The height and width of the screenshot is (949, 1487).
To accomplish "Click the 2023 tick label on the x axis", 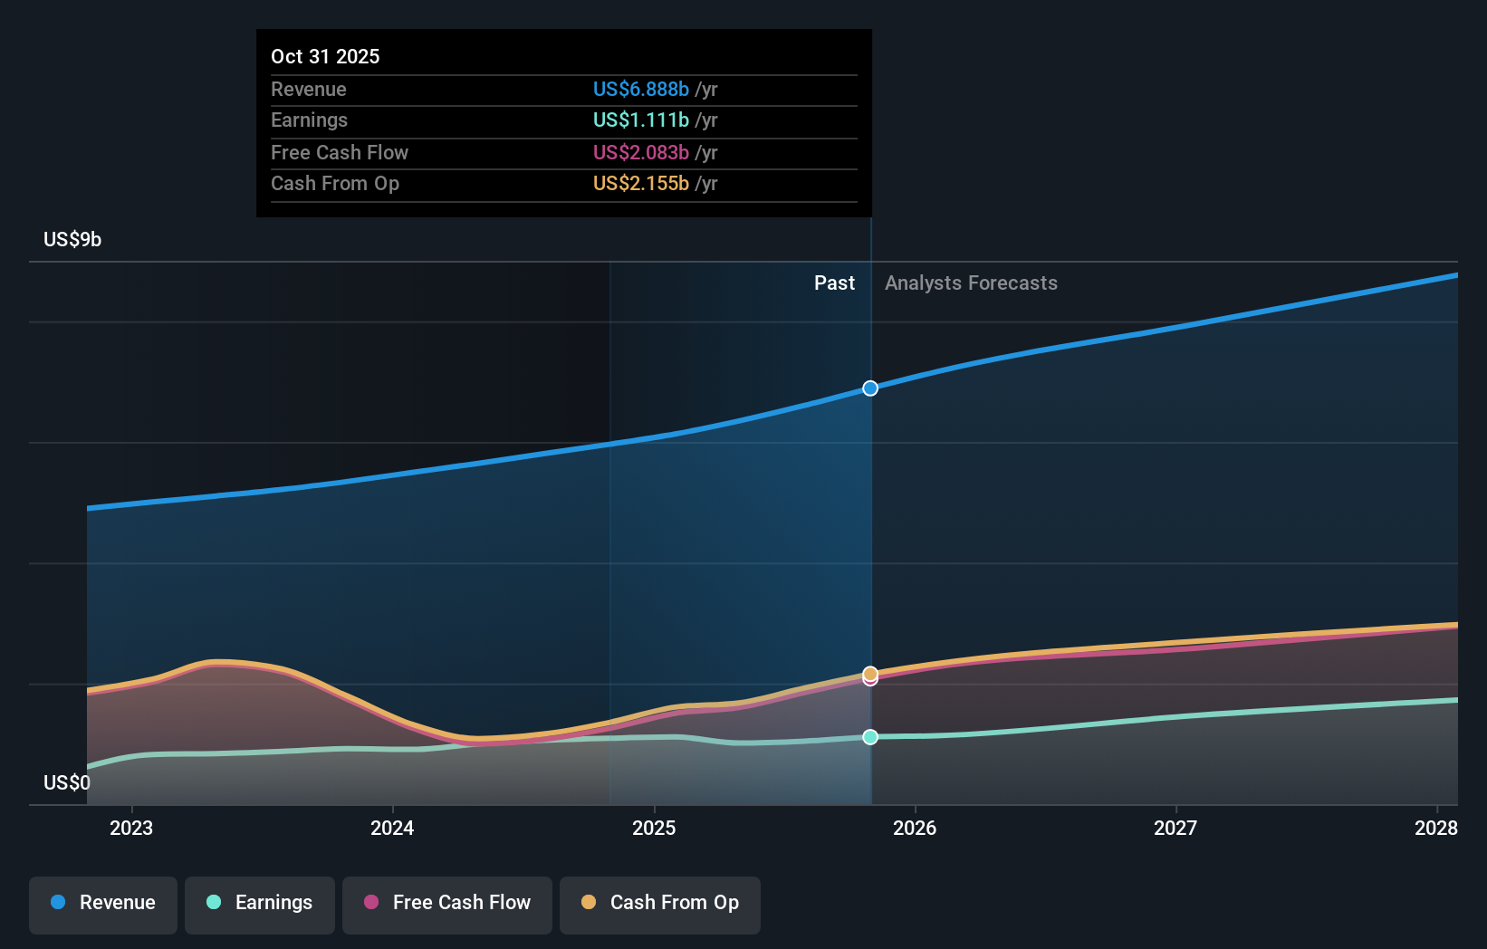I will point(131,828).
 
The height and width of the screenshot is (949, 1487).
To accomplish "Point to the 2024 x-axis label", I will point(392,828).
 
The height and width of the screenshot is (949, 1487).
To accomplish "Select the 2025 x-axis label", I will point(654,828).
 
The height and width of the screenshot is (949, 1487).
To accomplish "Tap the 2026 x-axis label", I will point(915,828).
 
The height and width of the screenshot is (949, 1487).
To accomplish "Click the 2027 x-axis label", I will point(1175,828).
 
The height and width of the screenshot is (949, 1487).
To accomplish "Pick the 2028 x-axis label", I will point(1435,828).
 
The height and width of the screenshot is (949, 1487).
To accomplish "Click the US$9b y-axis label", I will point(72,239).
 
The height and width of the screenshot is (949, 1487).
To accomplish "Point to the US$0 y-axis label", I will point(67,782).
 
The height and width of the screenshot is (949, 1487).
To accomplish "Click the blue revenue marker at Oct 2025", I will point(870,388).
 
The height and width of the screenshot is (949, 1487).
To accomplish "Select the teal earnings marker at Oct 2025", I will point(870,737).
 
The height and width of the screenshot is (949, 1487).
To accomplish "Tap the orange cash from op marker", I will point(870,673).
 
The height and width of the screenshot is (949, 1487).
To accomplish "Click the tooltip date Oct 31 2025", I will point(325,56).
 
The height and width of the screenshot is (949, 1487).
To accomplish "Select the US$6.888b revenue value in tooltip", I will point(641,89).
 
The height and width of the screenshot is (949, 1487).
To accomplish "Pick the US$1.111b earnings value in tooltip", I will point(641,120).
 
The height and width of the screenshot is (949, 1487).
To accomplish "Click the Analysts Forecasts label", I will point(971,283).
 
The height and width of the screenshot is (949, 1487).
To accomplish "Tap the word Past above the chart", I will point(834,283).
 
